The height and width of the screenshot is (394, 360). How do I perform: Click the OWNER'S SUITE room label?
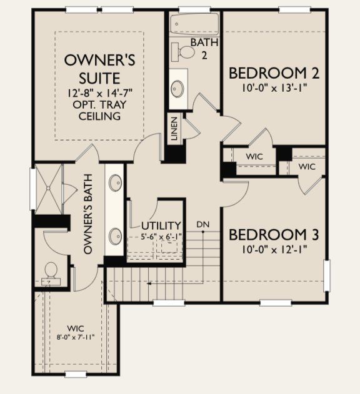coord(101,69)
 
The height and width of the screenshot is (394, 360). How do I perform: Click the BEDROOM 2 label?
coord(274,73)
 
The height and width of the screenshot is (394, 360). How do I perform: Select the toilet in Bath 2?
coord(183,52)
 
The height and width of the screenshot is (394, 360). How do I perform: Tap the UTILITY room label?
coord(161,225)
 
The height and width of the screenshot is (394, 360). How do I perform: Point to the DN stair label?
coord(202,224)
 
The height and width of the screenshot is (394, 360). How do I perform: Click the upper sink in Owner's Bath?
coord(116,183)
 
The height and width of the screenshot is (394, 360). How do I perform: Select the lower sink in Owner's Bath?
coord(116,236)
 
